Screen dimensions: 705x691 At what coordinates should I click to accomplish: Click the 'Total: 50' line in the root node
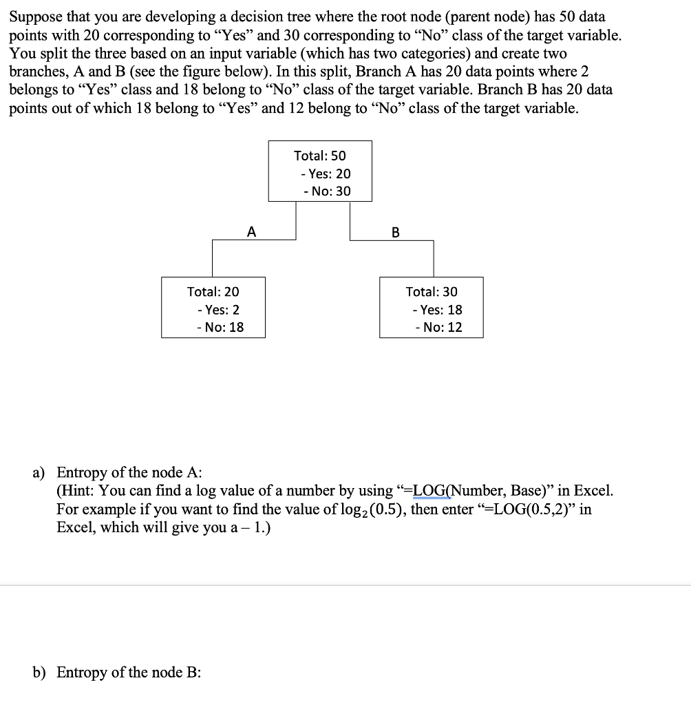pyautogui.click(x=320, y=156)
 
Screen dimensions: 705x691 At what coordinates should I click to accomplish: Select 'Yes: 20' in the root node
pyautogui.click(x=326, y=174)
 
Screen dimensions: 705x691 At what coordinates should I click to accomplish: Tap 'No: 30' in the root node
pyautogui.click(x=326, y=191)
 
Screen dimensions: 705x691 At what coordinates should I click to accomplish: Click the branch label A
pyautogui.click(x=252, y=232)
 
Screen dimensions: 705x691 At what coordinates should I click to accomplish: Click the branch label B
pyautogui.click(x=395, y=232)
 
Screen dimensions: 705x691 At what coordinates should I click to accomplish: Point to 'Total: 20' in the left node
pyautogui.click(x=213, y=292)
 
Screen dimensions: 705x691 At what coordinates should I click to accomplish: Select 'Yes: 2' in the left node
pyautogui.click(x=217, y=310)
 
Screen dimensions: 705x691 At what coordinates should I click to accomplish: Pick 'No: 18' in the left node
pyautogui.click(x=220, y=328)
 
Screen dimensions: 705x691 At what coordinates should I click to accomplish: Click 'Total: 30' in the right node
pyautogui.click(x=432, y=292)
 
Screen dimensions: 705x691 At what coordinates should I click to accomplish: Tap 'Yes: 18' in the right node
pyautogui.click(x=437, y=310)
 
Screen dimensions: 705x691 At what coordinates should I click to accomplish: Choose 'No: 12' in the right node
pyautogui.click(x=438, y=328)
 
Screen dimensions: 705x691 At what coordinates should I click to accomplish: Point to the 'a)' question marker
pyautogui.click(x=41, y=472)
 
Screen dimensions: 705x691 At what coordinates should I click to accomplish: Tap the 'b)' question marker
pyautogui.click(x=41, y=672)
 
